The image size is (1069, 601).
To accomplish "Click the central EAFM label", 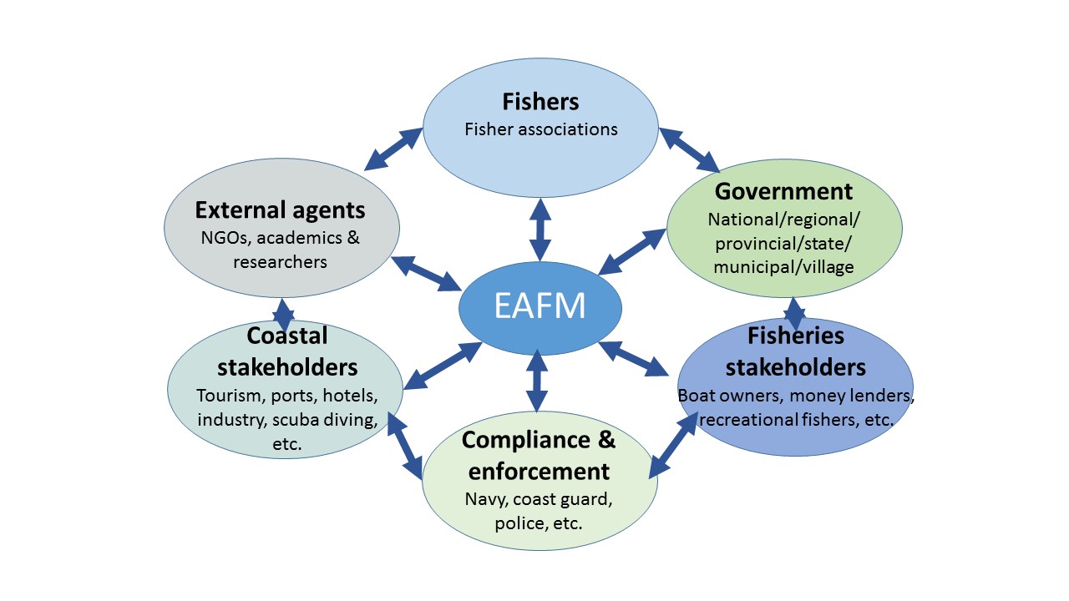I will (x=540, y=306).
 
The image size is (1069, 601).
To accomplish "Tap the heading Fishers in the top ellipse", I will (x=540, y=102).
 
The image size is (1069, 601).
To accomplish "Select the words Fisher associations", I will (x=540, y=129).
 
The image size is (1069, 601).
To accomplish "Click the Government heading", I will (x=783, y=191).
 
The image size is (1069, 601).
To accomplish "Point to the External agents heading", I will (x=280, y=209).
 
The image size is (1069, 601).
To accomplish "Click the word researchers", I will (x=280, y=262).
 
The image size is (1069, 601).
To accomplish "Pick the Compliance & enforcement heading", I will (x=539, y=455).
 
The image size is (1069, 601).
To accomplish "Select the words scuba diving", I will (x=332, y=419).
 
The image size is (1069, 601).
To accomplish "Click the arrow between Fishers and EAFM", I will (x=540, y=230).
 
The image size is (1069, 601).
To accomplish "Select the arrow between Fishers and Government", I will (x=689, y=149).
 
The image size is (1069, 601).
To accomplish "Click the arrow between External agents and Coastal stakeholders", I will (x=283, y=315).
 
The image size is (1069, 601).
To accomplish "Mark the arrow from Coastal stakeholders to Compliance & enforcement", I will (x=404, y=445).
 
